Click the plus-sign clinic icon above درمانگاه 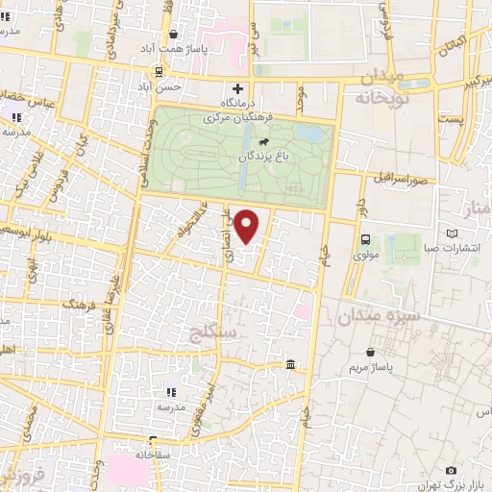[x=237, y=88]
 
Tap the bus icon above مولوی [x=365, y=240]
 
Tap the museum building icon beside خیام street [x=290, y=364]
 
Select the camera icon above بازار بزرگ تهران [x=451, y=470]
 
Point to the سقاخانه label [x=152, y=454]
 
